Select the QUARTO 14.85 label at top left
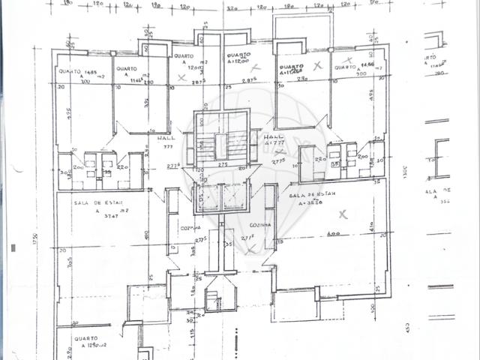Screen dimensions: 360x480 (78, 72)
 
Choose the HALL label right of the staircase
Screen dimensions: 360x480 (271, 138)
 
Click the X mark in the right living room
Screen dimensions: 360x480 (343, 214)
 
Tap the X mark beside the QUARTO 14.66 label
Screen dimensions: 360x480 (346, 58)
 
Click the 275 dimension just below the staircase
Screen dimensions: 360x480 (222, 164)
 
